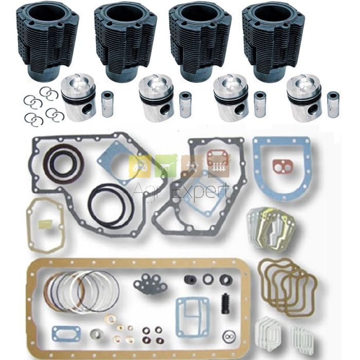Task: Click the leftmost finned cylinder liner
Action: click(47, 41)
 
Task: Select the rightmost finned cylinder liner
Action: click(273, 41)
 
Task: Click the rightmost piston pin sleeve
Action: click(334, 104)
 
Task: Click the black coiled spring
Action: click(226, 303)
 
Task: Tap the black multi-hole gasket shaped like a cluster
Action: click(150, 284)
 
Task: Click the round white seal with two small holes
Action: click(229, 336)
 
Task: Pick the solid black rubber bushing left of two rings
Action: click(190, 279)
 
